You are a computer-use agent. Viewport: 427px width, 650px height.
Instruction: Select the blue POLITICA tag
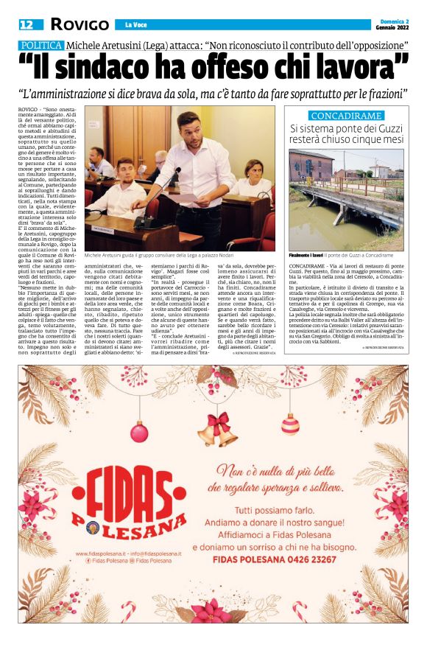pos(40,46)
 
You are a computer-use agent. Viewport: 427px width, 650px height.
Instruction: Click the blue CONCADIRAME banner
pos(346,116)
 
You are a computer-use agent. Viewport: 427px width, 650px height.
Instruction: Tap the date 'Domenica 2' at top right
pos(391,21)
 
